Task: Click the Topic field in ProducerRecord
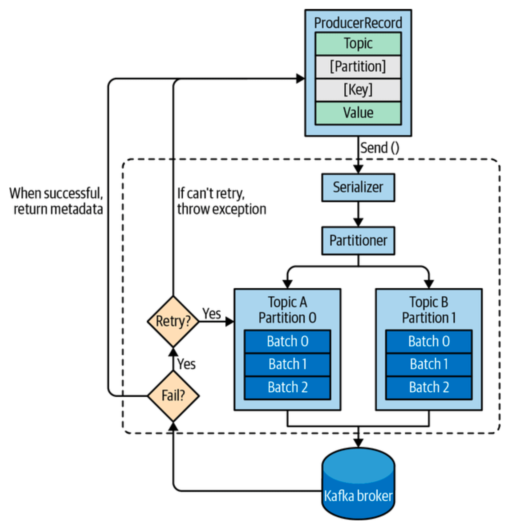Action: pos(358,44)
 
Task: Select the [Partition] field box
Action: pos(358,66)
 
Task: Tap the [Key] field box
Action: pos(358,90)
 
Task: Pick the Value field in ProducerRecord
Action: pos(358,113)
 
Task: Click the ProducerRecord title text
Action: pos(358,23)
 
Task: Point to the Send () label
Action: pos(379,148)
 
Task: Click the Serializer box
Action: pos(358,187)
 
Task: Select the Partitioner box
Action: pos(358,241)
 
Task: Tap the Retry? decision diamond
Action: pos(173,321)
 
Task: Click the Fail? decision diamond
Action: pos(173,395)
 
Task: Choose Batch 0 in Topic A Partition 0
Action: pos(287,341)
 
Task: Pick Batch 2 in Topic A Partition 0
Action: pos(287,387)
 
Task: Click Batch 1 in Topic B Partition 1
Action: pos(429,364)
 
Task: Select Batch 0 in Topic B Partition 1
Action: pos(429,341)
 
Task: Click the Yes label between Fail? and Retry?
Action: pos(186,364)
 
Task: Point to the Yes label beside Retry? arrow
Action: pos(212,314)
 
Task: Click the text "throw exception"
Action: pos(221,209)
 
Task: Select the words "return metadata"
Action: pos(58,209)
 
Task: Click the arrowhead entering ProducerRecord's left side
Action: pos(300,79)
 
